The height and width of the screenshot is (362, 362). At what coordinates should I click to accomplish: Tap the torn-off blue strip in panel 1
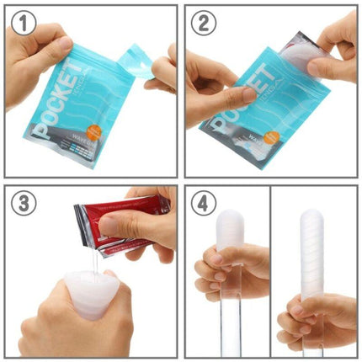135,63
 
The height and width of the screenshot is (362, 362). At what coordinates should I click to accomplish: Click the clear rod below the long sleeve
313,341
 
